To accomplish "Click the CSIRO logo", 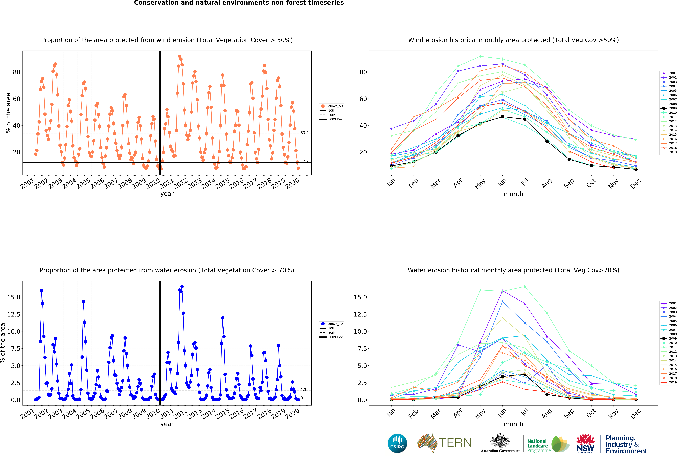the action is click(x=397, y=443).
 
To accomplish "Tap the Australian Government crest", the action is click(x=500, y=441).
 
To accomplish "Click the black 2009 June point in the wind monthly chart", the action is click(x=502, y=117).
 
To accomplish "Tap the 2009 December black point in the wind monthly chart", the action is click(x=636, y=169).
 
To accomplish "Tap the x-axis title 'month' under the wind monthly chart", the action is click(x=513, y=194).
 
